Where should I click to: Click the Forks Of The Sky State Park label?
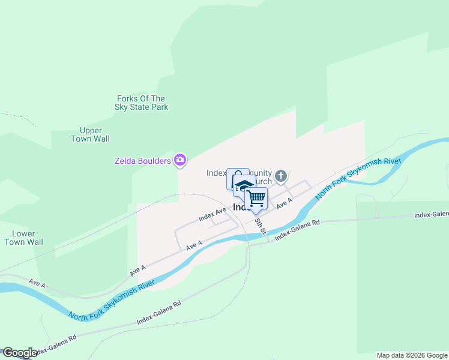pyautogui.click(x=141, y=103)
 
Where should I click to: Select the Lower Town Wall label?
pyautogui.click(x=23, y=238)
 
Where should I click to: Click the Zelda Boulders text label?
pyautogui.click(x=143, y=160)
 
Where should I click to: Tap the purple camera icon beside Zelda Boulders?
pyautogui.click(x=179, y=160)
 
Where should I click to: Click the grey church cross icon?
pyautogui.click(x=280, y=176)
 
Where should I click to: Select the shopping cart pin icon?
pyautogui.click(x=256, y=197)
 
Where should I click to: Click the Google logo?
pyautogui.click(x=20, y=353)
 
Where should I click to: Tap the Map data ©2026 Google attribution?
pyautogui.click(x=412, y=355)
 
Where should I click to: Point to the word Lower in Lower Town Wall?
pyautogui.click(x=23, y=233)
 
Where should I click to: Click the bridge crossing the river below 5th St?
pyautogui.click(x=247, y=238)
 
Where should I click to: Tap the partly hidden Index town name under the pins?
pyautogui.click(x=240, y=207)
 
